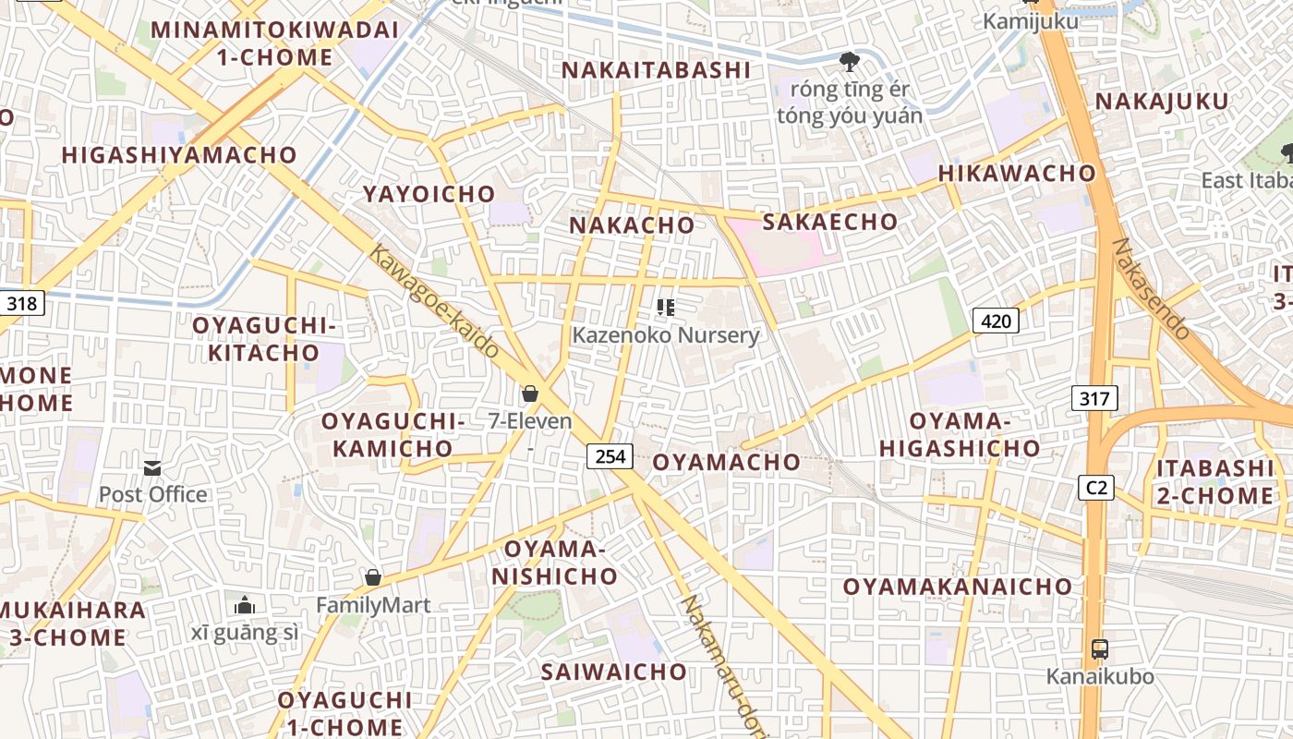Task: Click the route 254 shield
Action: tap(610, 455)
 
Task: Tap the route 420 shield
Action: tap(996, 321)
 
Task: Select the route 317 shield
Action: tap(1094, 398)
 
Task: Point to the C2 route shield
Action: tap(1096, 487)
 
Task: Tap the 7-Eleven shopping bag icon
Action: tap(530, 394)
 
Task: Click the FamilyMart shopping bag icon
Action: tap(373, 577)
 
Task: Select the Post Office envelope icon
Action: tap(152, 468)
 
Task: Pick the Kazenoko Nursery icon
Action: tap(665, 307)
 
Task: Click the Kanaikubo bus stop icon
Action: tap(1099, 648)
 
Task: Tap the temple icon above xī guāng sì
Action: tap(245, 605)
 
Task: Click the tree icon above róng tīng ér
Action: tap(849, 62)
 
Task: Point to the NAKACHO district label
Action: tap(632, 225)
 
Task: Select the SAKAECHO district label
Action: tap(829, 222)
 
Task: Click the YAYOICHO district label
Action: tap(429, 194)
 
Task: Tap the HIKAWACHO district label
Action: tap(1017, 174)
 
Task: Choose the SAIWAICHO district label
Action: tap(613, 672)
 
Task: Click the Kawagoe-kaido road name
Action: tap(434, 301)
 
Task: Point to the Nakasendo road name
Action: tap(1151, 288)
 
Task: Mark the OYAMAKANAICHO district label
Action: tap(957, 587)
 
